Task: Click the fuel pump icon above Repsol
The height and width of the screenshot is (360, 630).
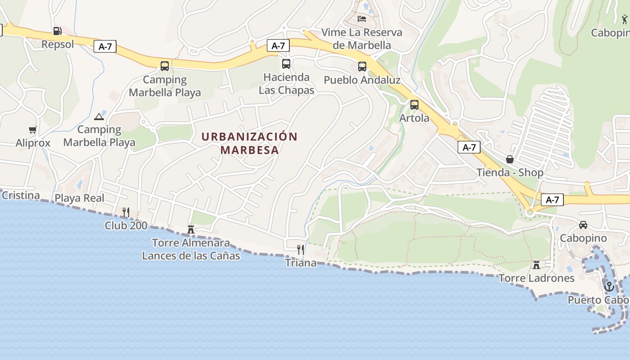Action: (57, 31)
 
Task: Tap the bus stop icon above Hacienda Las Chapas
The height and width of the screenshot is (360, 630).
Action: (286, 64)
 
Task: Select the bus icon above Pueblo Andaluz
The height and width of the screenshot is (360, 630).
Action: (362, 67)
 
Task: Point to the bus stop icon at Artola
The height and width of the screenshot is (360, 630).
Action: (414, 105)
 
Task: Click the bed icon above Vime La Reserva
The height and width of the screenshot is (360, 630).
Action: (362, 19)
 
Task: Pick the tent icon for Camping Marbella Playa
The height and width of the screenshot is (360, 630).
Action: (99, 117)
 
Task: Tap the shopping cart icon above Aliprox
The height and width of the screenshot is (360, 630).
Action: (32, 130)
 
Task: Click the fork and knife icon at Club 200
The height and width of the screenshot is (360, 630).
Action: (126, 212)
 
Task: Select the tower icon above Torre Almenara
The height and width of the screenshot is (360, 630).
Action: (191, 229)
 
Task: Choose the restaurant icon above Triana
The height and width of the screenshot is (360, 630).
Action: (301, 249)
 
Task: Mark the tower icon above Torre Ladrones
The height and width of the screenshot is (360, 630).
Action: (536, 265)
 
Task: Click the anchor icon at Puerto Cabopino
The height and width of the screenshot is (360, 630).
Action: (609, 286)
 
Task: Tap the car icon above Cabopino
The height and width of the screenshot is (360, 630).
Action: (583, 225)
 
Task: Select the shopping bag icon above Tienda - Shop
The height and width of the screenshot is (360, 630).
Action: (510, 159)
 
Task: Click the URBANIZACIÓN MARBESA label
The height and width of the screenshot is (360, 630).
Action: (249, 143)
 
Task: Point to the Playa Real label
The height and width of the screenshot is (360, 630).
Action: (79, 198)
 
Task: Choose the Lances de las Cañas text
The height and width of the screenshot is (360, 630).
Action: (191, 256)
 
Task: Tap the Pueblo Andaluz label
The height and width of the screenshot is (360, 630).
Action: (362, 80)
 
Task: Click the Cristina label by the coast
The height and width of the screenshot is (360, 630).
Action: (21, 196)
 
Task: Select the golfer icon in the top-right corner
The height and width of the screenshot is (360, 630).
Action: (624, 19)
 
